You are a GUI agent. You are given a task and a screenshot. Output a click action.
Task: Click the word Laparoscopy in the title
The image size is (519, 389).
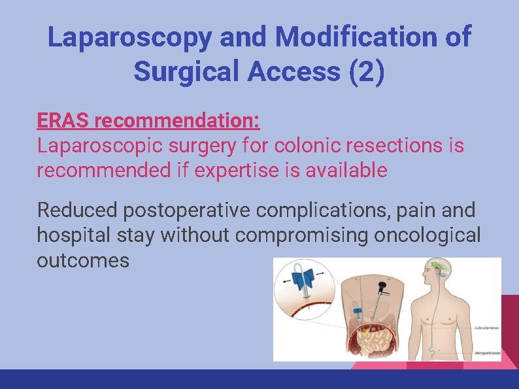130,38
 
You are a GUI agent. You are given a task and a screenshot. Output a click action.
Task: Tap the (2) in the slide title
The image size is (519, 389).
368,73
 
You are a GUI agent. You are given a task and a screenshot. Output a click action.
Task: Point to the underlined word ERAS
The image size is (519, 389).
63,121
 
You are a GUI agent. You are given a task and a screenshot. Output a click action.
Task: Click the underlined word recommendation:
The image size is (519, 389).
177,121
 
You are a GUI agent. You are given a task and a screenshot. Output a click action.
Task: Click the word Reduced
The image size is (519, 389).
76,211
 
